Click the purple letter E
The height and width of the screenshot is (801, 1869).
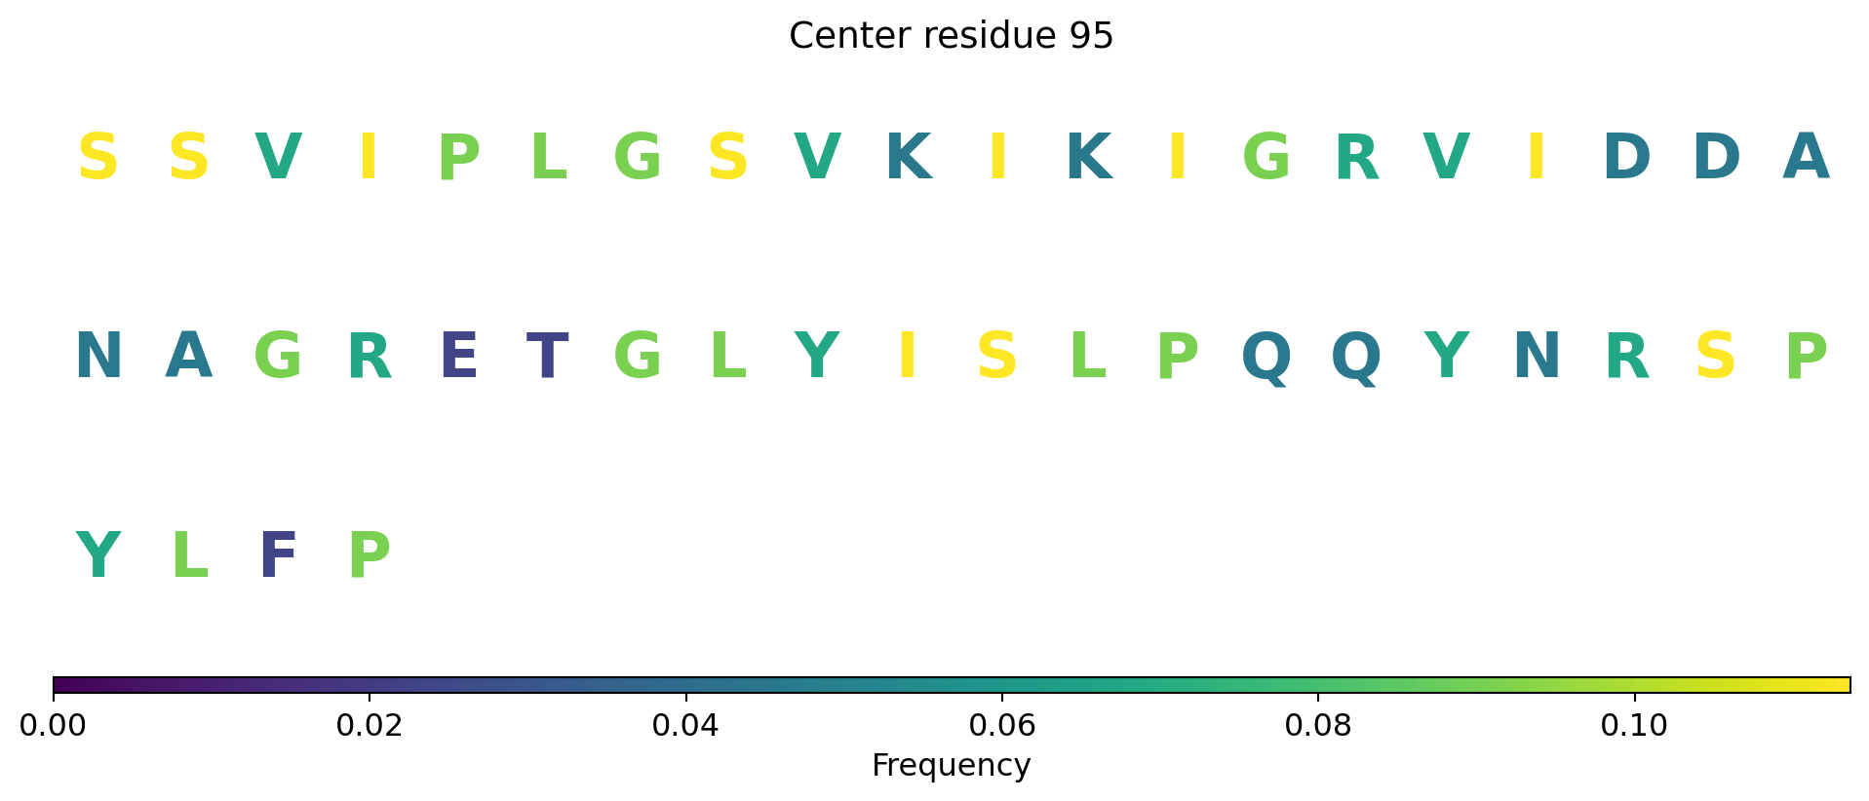click(458, 357)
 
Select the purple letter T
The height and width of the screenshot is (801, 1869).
click(547, 357)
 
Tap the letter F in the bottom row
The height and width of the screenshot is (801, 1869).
click(278, 556)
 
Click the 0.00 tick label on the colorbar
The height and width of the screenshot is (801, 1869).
click(54, 725)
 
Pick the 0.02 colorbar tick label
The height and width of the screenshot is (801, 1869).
click(370, 725)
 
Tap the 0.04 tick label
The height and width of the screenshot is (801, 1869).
click(686, 725)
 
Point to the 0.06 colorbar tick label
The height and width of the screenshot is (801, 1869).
click(1002, 725)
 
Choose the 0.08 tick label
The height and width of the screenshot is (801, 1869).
click(1318, 725)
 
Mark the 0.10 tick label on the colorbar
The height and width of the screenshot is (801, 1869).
click(1634, 725)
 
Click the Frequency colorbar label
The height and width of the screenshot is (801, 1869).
click(951, 765)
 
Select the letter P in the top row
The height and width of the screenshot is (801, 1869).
click(458, 157)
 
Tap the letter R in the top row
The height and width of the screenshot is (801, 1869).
click(1357, 157)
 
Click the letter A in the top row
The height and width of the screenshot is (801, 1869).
click(1806, 157)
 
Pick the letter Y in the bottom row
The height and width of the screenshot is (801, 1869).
click(97, 556)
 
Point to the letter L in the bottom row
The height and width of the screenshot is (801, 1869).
click(189, 556)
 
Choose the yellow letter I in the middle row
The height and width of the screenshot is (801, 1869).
click(908, 357)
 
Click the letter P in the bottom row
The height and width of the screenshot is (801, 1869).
click(369, 556)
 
